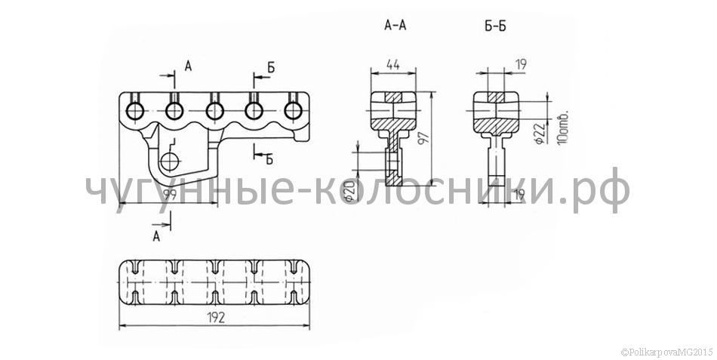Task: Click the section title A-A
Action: pos(395,26)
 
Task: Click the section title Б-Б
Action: pos(496,26)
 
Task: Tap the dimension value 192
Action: pos(215,318)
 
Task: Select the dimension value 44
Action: pos(392,64)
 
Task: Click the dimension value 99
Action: pos(170,194)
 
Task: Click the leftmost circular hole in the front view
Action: pos(135,111)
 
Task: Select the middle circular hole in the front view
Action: pos(214,111)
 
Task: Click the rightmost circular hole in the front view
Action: pos(293,111)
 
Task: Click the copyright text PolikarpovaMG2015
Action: pos(669,352)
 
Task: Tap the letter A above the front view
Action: pos(188,66)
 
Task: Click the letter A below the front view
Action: pos(156,237)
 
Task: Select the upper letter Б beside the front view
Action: pos(271,68)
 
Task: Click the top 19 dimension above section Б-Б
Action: pos(519,64)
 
